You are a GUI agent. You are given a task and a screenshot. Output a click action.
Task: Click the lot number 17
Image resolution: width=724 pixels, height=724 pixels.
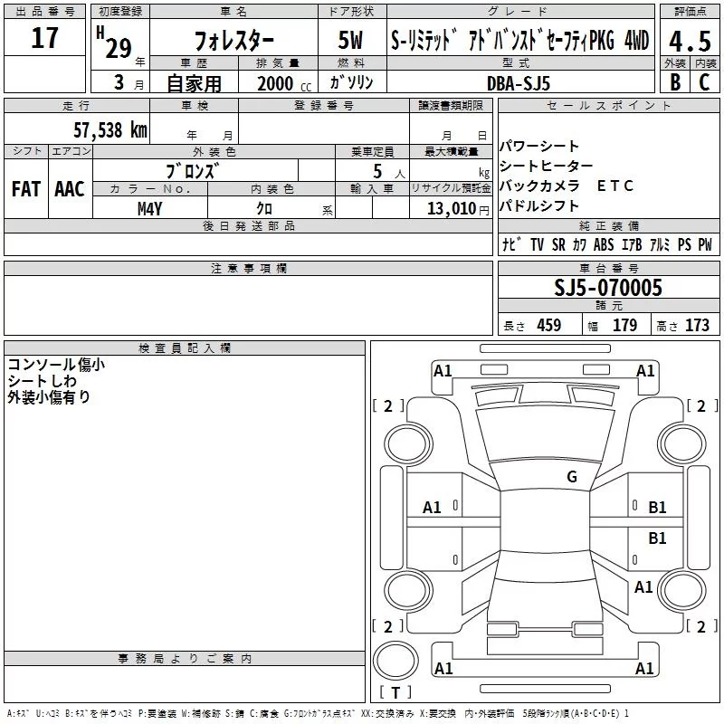(44, 38)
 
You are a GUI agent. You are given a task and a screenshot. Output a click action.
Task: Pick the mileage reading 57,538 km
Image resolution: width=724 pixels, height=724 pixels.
(110, 129)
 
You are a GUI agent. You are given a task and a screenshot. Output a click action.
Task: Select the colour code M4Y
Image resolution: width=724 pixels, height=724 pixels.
(149, 208)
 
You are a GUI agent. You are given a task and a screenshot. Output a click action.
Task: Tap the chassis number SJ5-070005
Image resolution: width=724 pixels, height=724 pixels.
(608, 288)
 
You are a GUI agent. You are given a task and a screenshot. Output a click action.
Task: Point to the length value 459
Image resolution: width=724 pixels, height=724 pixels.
(548, 326)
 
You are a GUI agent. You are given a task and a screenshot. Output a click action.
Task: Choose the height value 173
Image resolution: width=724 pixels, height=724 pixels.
(696, 326)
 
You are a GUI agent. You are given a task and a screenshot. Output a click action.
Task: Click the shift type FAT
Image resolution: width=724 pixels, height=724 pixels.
(25, 189)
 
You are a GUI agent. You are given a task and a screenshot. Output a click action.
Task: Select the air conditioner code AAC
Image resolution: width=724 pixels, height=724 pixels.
(70, 189)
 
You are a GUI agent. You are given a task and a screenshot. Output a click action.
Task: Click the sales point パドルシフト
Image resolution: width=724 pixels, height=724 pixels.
(539, 205)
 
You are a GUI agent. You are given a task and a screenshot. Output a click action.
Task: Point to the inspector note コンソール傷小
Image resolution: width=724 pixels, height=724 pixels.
(56, 364)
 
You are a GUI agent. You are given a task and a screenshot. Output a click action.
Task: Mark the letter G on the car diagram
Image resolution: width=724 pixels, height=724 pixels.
(571, 477)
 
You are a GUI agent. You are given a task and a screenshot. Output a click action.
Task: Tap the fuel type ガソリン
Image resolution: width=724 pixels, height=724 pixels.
(351, 82)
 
